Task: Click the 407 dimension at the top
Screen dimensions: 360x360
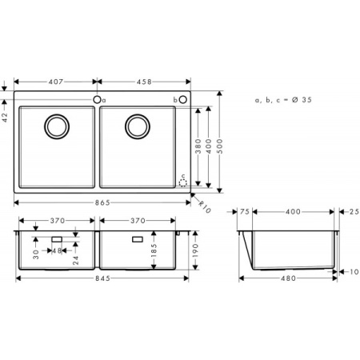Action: click(x=56, y=82)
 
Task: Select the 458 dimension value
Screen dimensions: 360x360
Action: click(x=145, y=82)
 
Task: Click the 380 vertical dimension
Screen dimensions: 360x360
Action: click(x=198, y=144)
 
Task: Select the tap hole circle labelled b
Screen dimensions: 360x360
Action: click(x=183, y=99)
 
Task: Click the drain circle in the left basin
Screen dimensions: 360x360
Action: click(x=57, y=126)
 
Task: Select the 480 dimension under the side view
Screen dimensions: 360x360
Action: click(x=289, y=278)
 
